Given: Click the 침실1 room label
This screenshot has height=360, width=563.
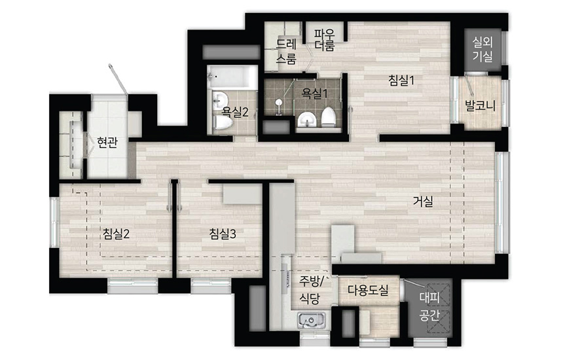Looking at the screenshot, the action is pyautogui.click(x=401, y=80).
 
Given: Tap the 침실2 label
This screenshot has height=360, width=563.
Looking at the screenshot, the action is pyautogui.click(x=116, y=234).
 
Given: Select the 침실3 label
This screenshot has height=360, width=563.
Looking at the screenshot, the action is pyautogui.click(x=223, y=234).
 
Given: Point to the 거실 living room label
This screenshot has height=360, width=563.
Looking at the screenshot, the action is pyautogui.click(x=423, y=202).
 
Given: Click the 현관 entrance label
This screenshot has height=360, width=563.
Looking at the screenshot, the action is pyautogui.click(x=107, y=142).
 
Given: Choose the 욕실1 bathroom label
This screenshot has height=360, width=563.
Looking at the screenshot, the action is pyautogui.click(x=315, y=94).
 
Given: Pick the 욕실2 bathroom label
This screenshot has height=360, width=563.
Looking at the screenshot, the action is pyautogui.click(x=235, y=112).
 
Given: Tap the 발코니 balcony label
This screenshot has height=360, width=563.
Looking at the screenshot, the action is pyautogui.click(x=480, y=105).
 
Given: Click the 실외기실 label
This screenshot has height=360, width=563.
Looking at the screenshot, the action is pyautogui.click(x=482, y=49).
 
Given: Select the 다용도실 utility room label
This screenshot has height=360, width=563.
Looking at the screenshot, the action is pyautogui.click(x=368, y=290).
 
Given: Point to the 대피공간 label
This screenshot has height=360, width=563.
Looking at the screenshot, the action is pyautogui.click(x=429, y=306).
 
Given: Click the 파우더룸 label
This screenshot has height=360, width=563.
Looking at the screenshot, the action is pyautogui.click(x=325, y=39).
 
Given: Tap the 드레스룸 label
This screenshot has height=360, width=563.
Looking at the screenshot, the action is pyautogui.click(x=286, y=51).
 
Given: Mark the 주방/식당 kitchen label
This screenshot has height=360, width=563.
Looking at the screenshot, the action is pyautogui.click(x=311, y=290).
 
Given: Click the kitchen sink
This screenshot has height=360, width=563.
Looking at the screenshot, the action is pyautogui.click(x=312, y=320).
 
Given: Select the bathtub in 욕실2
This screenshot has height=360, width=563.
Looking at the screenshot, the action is pyautogui.click(x=232, y=77).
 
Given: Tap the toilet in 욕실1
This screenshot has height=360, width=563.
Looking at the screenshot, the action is pyautogui.click(x=328, y=117).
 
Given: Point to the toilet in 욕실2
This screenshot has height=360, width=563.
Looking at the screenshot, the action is pyautogui.click(x=223, y=122).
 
